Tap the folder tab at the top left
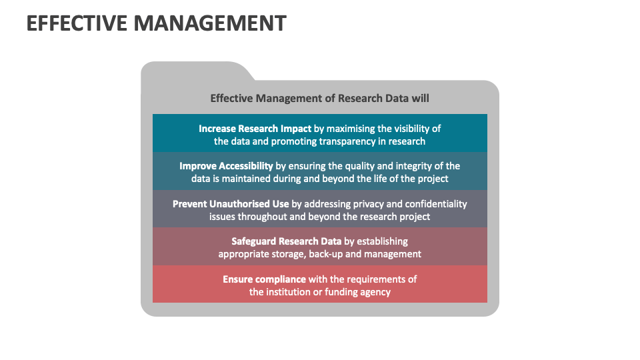pos(193,71)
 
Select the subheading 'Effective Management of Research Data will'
pos(320,98)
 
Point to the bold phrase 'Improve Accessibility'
pos(226,166)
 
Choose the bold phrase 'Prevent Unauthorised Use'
pos(231,204)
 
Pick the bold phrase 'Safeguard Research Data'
pos(287,241)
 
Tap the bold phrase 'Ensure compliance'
pos(265,279)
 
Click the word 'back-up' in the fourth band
pos(324,254)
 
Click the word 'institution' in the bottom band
pos(289,292)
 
